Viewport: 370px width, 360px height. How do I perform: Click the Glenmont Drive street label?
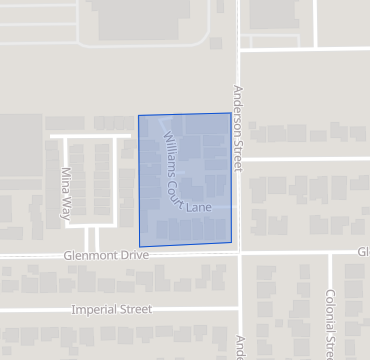(x=104, y=256)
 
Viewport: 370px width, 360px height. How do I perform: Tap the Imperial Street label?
(x=111, y=310)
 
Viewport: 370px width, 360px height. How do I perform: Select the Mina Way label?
(x=68, y=187)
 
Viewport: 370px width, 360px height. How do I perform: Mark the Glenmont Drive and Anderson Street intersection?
(x=239, y=254)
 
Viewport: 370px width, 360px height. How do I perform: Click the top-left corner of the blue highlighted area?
(x=138, y=116)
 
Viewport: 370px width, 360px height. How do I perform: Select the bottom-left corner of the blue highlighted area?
(x=140, y=246)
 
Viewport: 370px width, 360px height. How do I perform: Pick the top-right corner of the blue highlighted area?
(x=230, y=113)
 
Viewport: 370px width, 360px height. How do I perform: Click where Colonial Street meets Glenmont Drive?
(x=329, y=253)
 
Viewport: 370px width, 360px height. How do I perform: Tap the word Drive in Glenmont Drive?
(x=132, y=256)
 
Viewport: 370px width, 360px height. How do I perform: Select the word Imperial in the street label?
(x=92, y=310)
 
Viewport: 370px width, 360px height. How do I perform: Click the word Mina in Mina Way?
(x=68, y=178)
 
